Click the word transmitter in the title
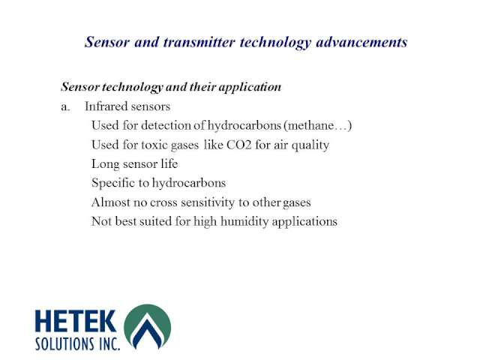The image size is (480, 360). coord(199,42)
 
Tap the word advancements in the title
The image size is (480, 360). coord(361,42)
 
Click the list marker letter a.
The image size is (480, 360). coord(65,106)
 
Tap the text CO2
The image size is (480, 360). coord(238,145)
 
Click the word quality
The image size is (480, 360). coord(310,145)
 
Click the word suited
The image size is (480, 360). coord(155,222)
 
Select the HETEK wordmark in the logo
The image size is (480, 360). coord(76,321)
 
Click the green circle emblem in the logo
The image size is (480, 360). coord(147,326)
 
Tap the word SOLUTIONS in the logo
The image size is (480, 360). coord(64,343)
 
